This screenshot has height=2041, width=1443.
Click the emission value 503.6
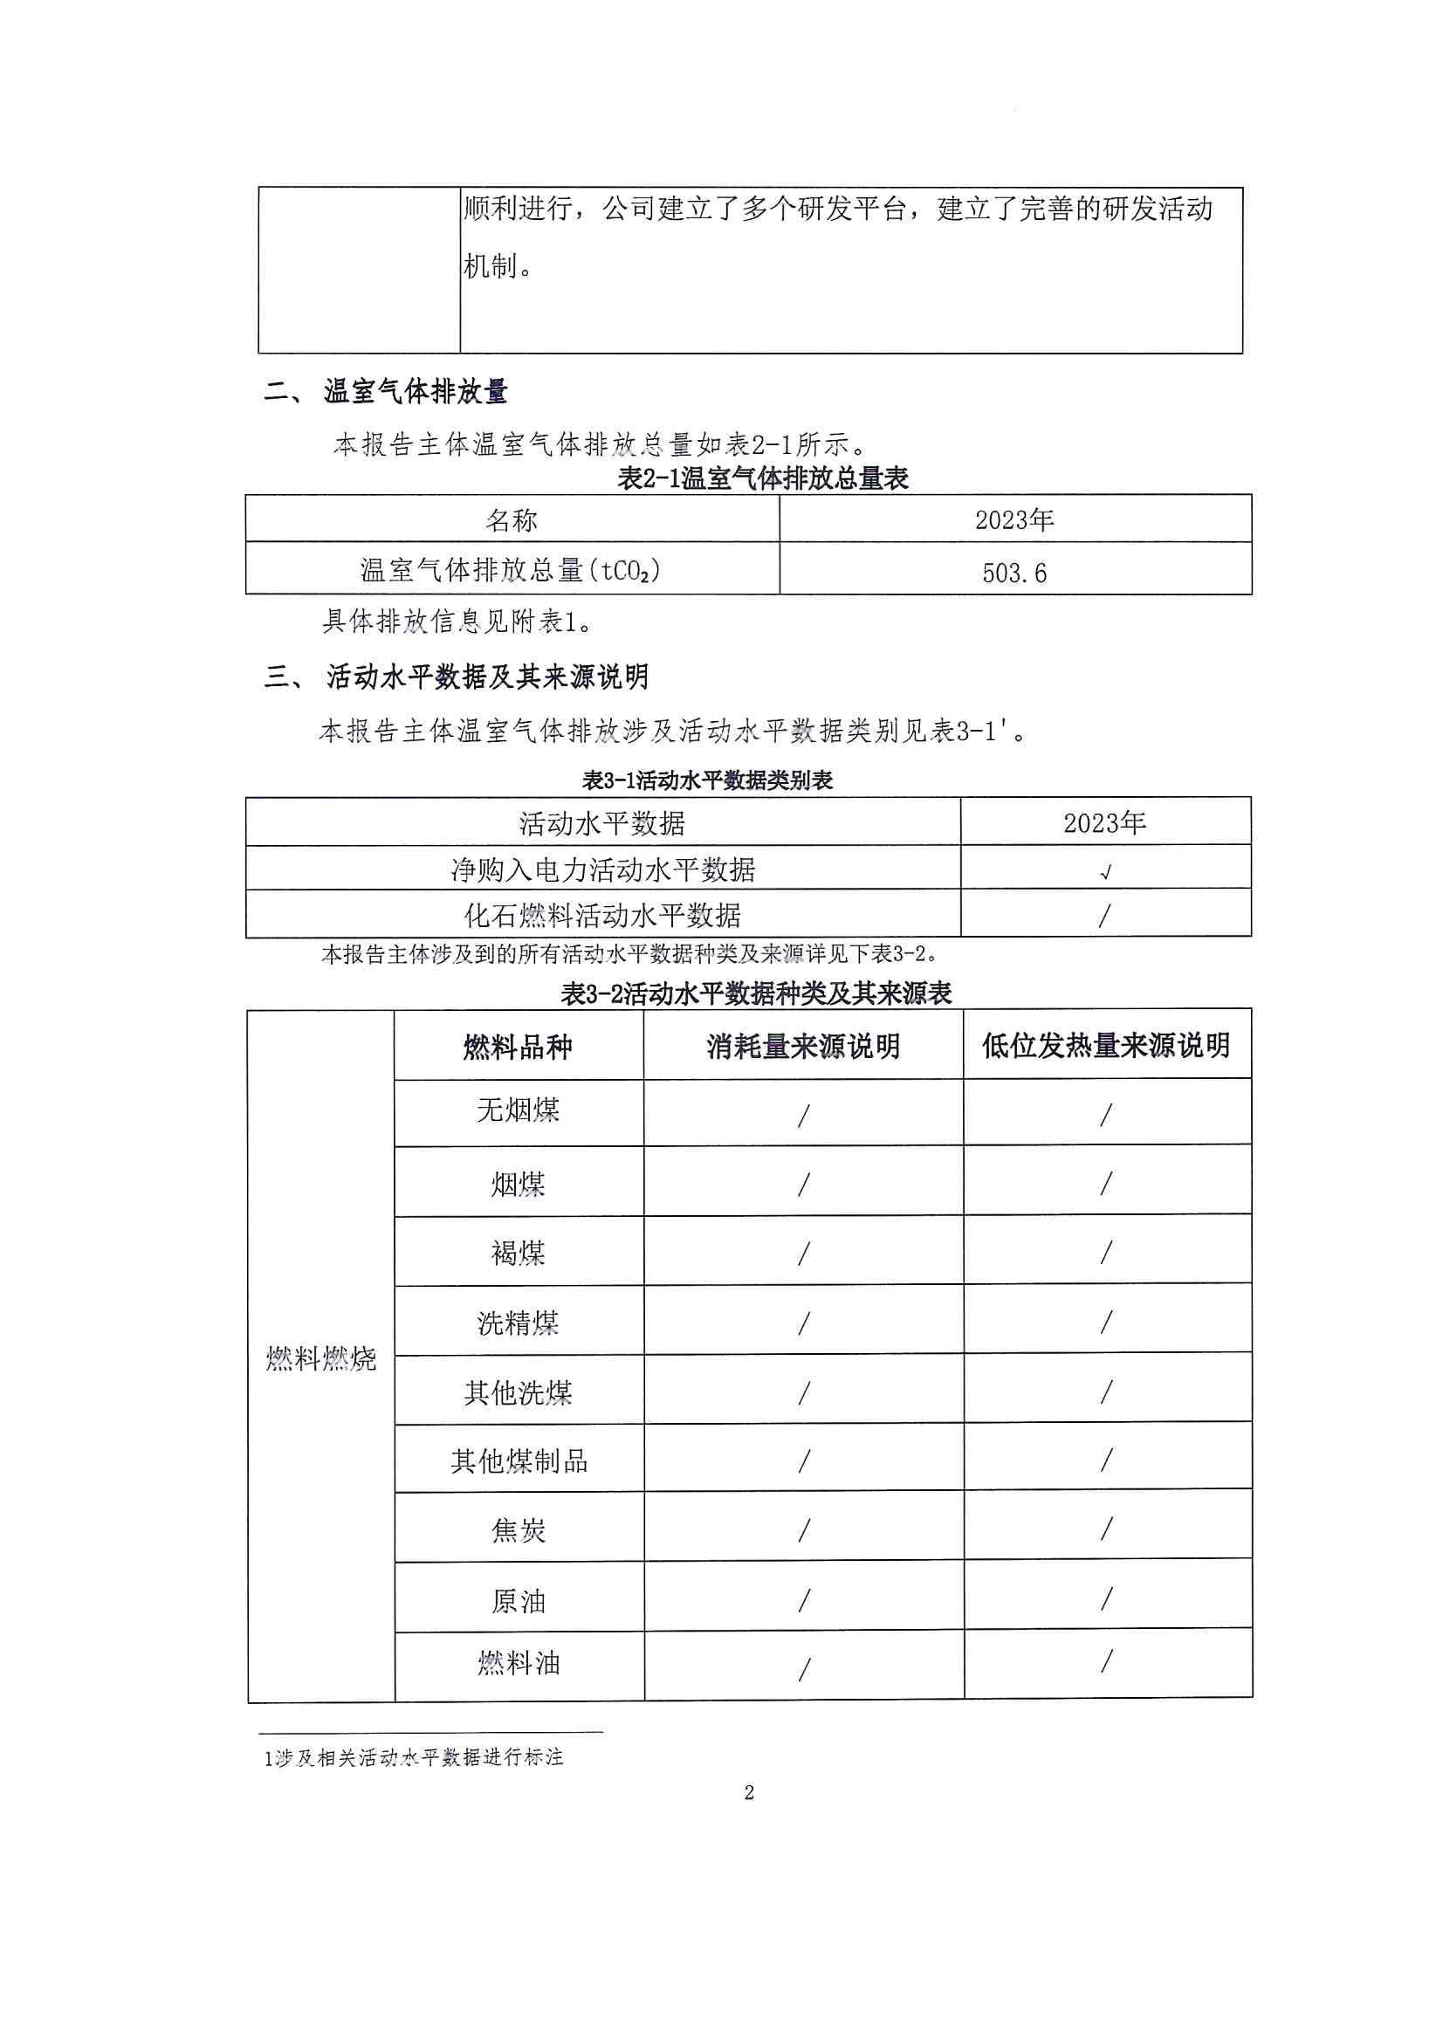coord(1014,574)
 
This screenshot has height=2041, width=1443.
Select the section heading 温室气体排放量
coord(416,391)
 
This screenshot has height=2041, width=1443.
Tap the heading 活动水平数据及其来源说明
coord(487,677)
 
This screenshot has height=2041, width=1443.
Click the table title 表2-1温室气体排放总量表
coord(762,479)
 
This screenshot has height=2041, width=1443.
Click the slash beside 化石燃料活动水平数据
coord(1104,916)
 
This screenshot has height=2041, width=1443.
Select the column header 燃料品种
coord(518,1048)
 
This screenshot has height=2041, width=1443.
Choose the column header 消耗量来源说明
coord(803,1047)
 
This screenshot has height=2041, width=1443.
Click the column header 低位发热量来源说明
coord(1105,1046)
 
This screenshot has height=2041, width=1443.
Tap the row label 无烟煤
coord(518,1110)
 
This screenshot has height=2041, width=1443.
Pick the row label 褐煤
coord(518,1254)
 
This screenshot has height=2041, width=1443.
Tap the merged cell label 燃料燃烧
coord(321,1358)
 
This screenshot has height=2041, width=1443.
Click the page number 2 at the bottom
coord(749,1792)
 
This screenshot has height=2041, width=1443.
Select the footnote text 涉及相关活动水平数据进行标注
coord(418,1757)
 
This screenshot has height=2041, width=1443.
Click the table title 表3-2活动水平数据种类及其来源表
coord(756,993)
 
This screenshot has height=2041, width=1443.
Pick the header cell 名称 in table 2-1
coord(512,521)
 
